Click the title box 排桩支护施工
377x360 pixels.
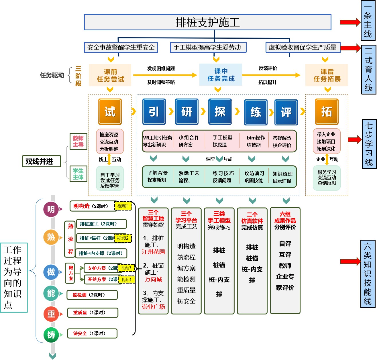pyautogui.click(x=207, y=22)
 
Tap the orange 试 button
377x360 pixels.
pyautogui.click(x=110, y=112)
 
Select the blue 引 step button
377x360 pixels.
pyautogui.click(x=154, y=112)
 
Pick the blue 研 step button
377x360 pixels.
pyautogui.click(x=187, y=112)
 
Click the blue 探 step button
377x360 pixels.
pyautogui.click(x=220, y=112)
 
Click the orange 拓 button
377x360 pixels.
pyautogui.click(x=327, y=112)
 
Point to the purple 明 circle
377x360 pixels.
pyautogui.click(x=51, y=209)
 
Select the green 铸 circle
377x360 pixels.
pyautogui.click(x=51, y=335)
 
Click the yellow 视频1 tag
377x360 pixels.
pyautogui.click(x=123, y=206)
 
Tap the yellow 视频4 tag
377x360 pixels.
pyautogui.click(x=126, y=280)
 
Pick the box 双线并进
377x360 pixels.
pyautogui.click(x=42, y=161)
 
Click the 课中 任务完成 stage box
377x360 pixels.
pyautogui.click(x=221, y=75)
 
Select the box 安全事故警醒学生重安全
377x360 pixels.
pyautogui.click(x=121, y=47)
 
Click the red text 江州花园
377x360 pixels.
pyautogui.click(x=153, y=252)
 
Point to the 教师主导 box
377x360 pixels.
pyautogui.click(x=78, y=141)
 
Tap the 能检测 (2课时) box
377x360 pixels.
pyautogui.click(x=92, y=295)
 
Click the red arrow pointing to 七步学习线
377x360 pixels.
pyautogui.click(x=354, y=140)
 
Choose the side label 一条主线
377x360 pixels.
pyautogui.click(x=368, y=21)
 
